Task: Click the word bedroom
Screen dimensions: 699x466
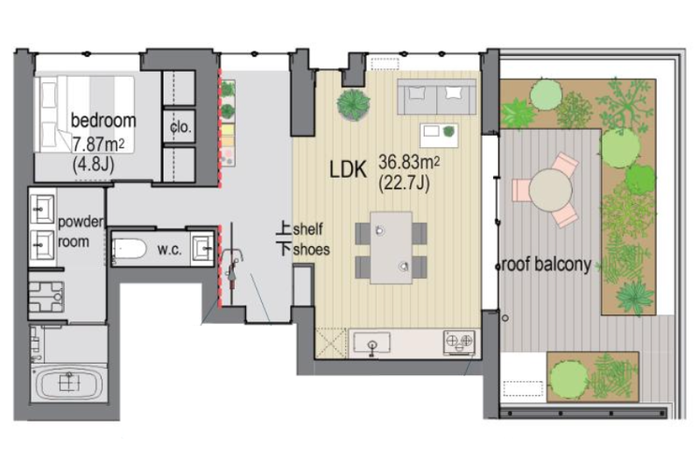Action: pyautogui.click(x=104, y=121)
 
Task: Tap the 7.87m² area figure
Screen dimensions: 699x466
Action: pyautogui.click(x=98, y=144)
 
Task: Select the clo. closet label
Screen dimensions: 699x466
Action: pyautogui.click(x=181, y=127)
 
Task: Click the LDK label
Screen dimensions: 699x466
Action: pyautogui.click(x=348, y=169)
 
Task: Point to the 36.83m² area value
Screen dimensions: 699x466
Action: pyautogui.click(x=409, y=162)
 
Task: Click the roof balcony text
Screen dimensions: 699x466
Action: pyautogui.click(x=546, y=265)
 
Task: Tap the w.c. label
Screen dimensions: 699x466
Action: pyautogui.click(x=169, y=250)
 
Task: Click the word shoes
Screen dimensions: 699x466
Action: pyautogui.click(x=312, y=249)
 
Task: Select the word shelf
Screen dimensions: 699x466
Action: pyautogui.click(x=308, y=229)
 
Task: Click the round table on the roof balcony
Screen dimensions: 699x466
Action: pyautogui.click(x=550, y=190)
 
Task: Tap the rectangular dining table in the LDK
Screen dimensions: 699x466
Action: pyautogui.click(x=391, y=247)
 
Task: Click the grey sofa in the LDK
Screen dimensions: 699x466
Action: pyautogui.click(x=436, y=97)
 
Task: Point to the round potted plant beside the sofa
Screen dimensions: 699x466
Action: pyautogui.click(x=354, y=105)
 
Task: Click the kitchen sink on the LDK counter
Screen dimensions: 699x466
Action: pyautogui.click(x=371, y=342)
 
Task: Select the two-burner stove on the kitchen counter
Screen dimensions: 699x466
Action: pyautogui.click(x=459, y=342)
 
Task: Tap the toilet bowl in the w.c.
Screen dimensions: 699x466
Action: pyautogui.click(x=129, y=249)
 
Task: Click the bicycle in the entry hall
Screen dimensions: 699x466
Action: pyautogui.click(x=233, y=263)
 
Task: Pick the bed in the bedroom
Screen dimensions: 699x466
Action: pyautogui.click(x=85, y=114)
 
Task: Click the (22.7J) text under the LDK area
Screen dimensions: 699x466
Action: pyautogui.click(x=404, y=183)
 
